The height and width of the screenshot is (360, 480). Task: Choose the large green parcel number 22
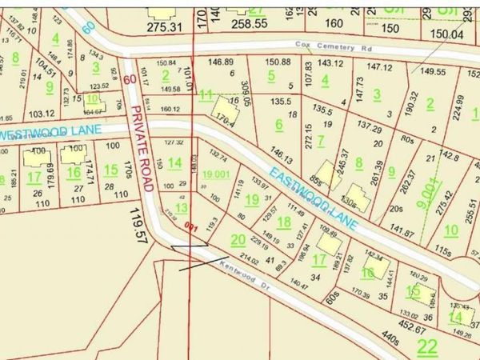[428, 346]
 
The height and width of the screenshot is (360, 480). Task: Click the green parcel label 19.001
[217, 174]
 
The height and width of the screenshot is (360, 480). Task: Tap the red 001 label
[191, 226]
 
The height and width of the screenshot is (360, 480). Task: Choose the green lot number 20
[238, 239]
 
